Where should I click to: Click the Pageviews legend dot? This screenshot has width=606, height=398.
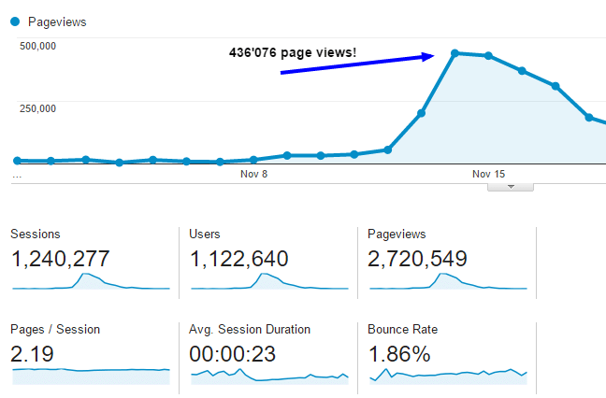coord(15,21)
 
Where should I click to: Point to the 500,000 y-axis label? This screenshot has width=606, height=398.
coord(38,45)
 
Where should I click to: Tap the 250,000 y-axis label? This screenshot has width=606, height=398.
coord(38,108)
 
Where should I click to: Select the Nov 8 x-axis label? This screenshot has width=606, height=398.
coord(253,174)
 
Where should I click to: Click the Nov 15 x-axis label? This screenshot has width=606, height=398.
coord(488,174)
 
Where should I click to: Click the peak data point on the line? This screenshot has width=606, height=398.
coord(454,53)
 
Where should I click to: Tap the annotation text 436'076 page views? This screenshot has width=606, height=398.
coord(293,52)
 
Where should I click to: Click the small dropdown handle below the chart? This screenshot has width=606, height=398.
coord(511,186)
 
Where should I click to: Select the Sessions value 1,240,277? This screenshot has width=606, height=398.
coord(61,259)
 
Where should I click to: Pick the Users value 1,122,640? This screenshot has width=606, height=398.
coord(238,259)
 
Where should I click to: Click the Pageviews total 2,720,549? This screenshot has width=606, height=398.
coord(417,259)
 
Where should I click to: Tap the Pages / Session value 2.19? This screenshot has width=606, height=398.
coord(32,354)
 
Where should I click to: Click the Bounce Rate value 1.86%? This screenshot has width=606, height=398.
coord(399,354)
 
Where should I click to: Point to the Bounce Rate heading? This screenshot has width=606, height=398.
coord(402,329)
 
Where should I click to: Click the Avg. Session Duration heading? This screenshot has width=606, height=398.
coord(250,329)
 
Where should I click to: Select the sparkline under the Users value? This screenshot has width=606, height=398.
coord(268,281)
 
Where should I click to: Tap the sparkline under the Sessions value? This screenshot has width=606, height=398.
coord(91,281)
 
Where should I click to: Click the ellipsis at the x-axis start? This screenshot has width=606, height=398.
coord(17,174)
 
